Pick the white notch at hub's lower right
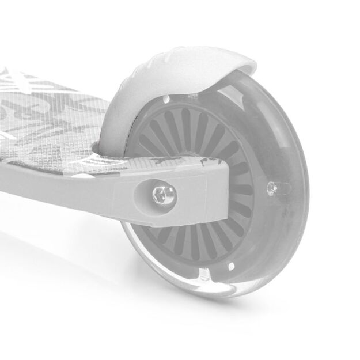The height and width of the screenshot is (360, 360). tap(230, 266)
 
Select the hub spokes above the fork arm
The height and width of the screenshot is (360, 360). tap(190, 132)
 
